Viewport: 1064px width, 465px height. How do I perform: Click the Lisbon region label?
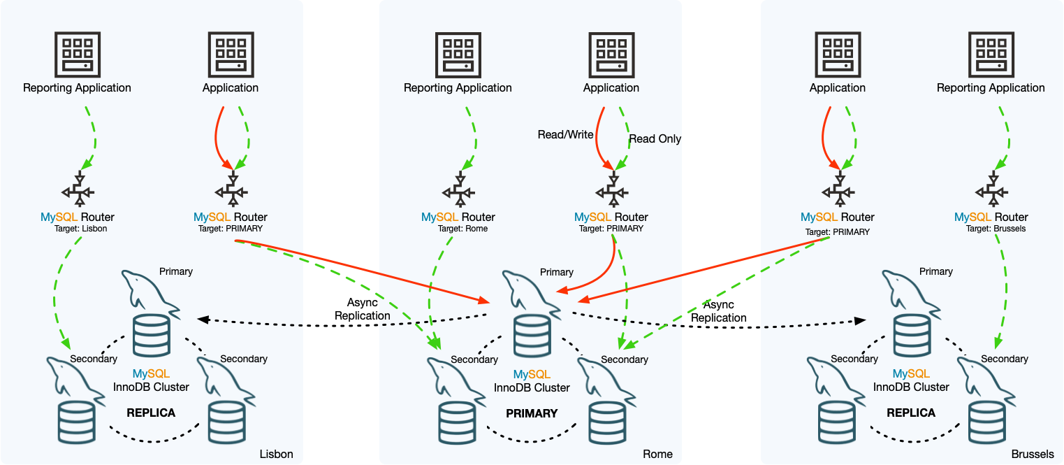point(276,454)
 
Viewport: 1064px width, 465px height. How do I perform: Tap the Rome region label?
point(657,454)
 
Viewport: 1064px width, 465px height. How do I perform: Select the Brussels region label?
point(1032,454)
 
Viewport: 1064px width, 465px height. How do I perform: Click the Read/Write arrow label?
point(565,134)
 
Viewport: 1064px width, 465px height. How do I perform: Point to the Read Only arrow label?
point(655,139)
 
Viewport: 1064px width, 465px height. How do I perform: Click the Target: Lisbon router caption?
point(77,229)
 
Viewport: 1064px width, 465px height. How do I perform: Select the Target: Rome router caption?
point(458,229)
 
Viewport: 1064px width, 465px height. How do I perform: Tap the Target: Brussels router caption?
point(991,229)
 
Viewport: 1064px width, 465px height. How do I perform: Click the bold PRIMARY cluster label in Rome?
point(532,413)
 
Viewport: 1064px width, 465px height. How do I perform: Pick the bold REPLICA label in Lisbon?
point(151,413)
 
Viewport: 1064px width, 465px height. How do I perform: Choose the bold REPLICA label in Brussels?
point(911,413)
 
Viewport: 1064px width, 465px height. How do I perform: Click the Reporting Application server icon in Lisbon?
point(77,55)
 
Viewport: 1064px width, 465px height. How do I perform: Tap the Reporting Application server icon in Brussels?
point(991,55)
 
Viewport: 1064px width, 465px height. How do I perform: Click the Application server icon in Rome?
point(611,55)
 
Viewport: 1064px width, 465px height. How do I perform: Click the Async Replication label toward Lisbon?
point(362,309)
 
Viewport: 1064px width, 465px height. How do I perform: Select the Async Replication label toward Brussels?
point(719,311)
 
